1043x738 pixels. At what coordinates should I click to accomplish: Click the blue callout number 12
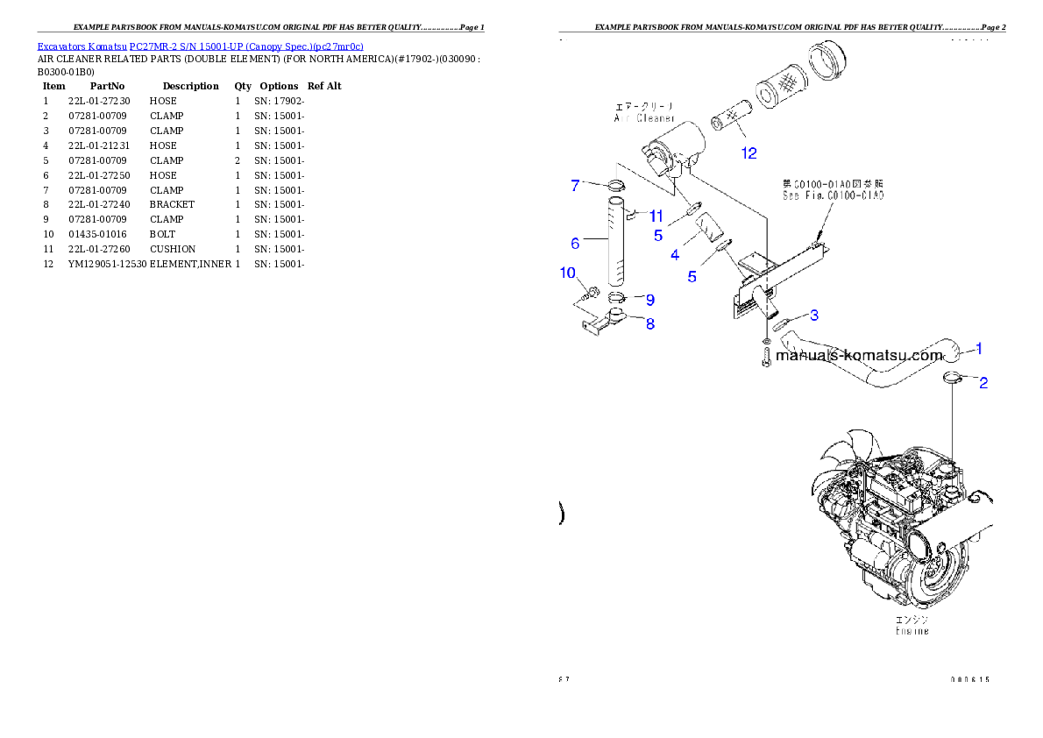[749, 153]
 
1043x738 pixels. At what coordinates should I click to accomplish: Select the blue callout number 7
[575, 185]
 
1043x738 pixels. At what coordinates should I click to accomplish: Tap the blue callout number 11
[655, 215]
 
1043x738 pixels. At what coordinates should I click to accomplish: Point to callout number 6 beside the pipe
[575, 242]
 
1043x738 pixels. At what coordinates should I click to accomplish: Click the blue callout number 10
[568, 273]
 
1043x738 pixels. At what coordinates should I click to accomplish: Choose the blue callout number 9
[650, 300]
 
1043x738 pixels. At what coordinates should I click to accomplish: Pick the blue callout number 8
[649, 323]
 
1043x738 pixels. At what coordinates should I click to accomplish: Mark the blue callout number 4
[674, 255]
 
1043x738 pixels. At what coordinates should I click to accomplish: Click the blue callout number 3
[814, 315]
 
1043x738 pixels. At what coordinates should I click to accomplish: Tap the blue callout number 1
[979, 348]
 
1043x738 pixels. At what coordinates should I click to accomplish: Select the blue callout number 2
[983, 383]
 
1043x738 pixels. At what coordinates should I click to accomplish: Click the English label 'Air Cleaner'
[643, 117]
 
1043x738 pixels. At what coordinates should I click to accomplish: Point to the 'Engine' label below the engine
[912, 630]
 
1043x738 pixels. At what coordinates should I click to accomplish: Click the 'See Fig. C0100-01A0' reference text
[833, 195]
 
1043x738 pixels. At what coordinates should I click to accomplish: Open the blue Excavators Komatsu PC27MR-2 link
[200, 46]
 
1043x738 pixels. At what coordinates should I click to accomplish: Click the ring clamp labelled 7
[614, 186]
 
